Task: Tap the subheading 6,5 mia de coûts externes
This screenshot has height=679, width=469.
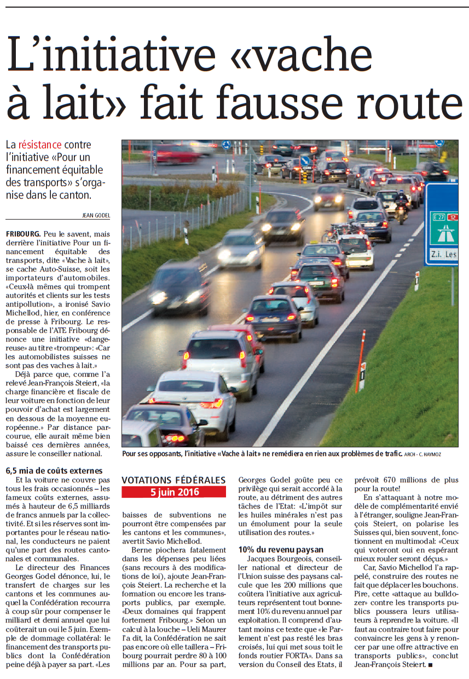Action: tap(54, 470)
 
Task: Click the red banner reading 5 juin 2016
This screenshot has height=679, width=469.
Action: tap(173, 492)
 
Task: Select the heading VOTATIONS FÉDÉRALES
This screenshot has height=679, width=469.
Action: tap(173, 480)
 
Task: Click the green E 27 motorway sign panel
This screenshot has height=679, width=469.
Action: tap(444, 226)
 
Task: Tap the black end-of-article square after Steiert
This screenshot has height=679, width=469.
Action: tap(430, 665)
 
